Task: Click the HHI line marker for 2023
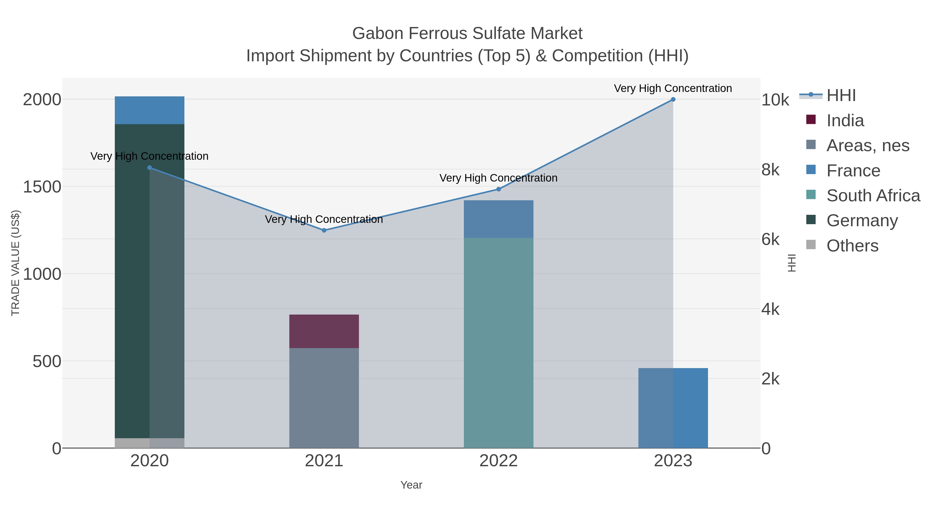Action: [x=673, y=99]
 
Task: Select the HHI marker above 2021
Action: [x=324, y=230]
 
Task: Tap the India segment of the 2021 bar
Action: [x=324, y=331]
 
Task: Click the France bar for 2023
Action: [x=673, y=408]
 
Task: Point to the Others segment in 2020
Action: [x=150, y=443]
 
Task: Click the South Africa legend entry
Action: [x=873, y=195]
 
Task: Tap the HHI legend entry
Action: [x=841, y=96]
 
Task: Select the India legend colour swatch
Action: [x=811, y=120]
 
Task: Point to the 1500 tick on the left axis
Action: [x=42, y=187]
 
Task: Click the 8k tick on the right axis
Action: [x=770, y=170]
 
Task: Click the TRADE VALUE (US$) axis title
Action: [x=15, y=263]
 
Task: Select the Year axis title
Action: [x=411, y=485]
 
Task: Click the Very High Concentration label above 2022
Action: [x=498, y=178]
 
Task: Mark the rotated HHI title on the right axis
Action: [x=792, y=263]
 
